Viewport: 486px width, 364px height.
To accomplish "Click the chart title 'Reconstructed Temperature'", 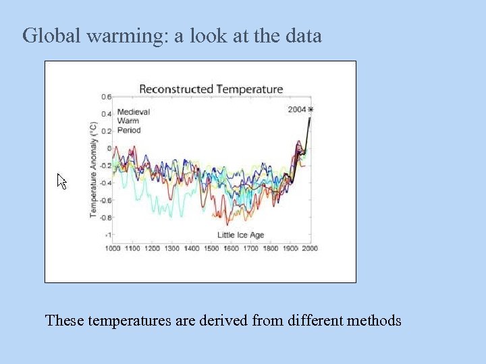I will point(211,89).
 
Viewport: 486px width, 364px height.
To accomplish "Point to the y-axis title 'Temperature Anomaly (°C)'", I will point(94,169).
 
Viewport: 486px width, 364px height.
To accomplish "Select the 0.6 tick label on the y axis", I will point(107,97).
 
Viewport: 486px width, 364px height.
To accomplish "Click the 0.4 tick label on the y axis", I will point(107,114).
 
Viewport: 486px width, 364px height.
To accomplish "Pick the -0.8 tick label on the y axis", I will point(105,218).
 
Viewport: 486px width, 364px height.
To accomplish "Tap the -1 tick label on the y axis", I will point(107,235).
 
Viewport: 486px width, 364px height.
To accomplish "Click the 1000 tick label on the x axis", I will point(113,248).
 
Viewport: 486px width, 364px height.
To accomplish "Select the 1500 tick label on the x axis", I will point(211,248).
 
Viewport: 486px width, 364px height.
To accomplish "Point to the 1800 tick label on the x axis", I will point(270,248).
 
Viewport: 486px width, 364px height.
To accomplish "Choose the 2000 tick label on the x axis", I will point(309,248).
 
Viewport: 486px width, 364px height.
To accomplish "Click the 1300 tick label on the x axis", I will point(171,248).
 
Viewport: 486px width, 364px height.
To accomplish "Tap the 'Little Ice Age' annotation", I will point(240,235).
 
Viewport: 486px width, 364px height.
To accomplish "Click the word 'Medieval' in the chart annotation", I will point(133,112).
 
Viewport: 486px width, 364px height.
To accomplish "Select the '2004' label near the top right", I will point(297,109).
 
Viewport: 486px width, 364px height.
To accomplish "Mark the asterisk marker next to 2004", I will point(310,109).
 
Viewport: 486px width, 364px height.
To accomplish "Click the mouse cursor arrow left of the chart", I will point(61,181).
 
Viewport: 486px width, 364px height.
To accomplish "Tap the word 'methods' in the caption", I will point(374,320).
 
